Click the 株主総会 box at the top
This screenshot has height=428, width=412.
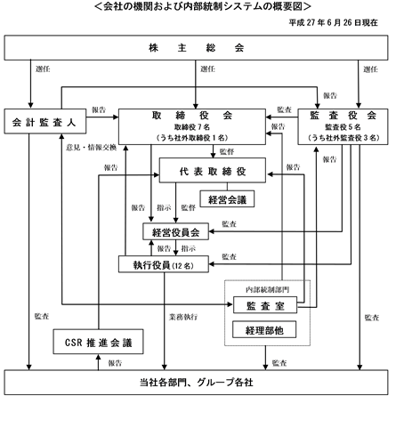tap(196, 48)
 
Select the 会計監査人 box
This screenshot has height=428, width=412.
tap(45, 121)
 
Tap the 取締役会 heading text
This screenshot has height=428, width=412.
tap(192, 116)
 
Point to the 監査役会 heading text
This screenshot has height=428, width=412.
tap(343, 116)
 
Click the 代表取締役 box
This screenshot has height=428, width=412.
tap(213, 170)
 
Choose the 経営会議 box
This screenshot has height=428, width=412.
tap(227, 198)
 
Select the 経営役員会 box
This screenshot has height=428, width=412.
tap(175, 231)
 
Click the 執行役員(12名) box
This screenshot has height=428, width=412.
tap(164, 264)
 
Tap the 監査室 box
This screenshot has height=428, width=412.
tap(265, 305)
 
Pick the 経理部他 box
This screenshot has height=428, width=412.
tap(264, 329)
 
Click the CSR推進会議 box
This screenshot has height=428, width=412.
tap(98, 342)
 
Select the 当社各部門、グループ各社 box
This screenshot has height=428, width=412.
tap(196, 383)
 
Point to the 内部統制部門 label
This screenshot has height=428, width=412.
tap(267, 289)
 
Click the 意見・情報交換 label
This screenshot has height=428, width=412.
tap(92, 148)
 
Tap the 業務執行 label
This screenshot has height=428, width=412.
tap(183, 317)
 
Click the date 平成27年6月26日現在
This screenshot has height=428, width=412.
tap(334, 22)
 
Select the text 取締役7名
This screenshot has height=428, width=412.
tap(192, 127)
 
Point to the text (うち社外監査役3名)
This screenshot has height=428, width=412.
tap(343, 138)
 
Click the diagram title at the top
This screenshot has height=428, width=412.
tap(203, 6)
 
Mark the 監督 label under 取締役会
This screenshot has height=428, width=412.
tap(227, 151)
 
